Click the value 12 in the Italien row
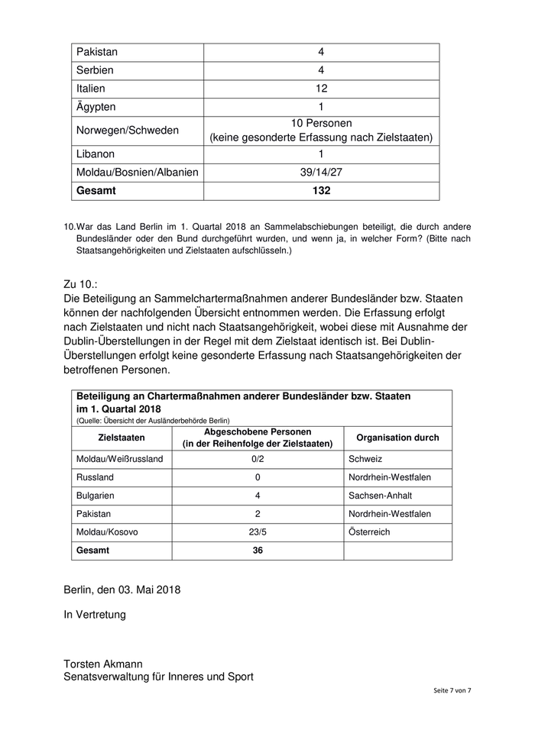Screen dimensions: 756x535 point(322,89)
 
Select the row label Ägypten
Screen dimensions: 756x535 point(96,107)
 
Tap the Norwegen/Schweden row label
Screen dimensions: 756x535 point(127,130)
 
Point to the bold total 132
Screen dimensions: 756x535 point(322,191)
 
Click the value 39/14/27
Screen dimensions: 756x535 point(322,172)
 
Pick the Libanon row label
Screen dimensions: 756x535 point(96,153)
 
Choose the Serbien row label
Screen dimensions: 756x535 point(96,70)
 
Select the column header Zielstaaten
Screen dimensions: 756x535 point(122,438)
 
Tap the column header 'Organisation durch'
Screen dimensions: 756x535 point(397,438)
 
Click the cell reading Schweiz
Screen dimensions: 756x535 point(365,459)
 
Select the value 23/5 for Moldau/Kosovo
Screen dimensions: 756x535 point(258,532)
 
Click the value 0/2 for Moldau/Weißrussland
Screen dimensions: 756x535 point(258,459)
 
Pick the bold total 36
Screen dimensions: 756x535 point(258,551)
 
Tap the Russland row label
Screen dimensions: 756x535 point(95,477)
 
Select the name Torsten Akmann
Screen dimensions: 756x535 point(103,664)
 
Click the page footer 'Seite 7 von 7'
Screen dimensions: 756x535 point(452,690)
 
